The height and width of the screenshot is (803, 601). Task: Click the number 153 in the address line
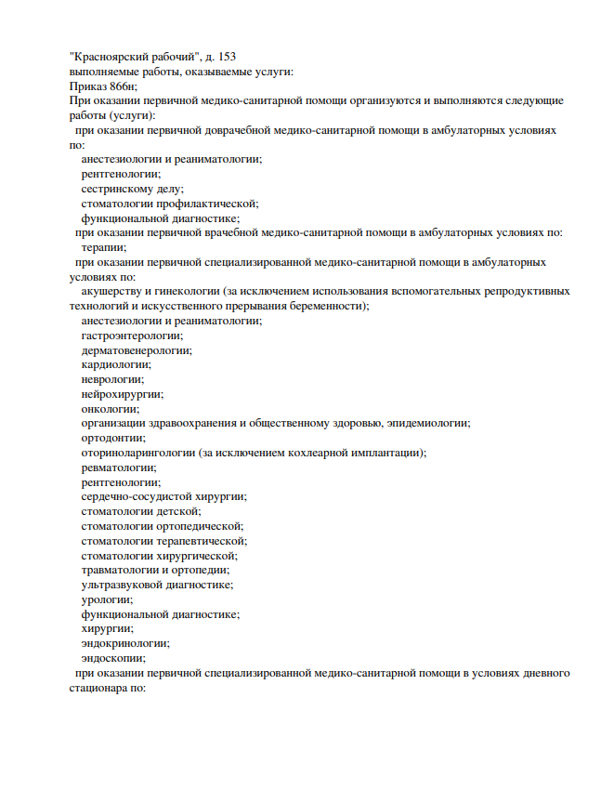[x=236, y=56]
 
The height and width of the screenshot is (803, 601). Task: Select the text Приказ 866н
[x=103, y=86]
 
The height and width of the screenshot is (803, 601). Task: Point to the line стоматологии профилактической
[x=169, y=204]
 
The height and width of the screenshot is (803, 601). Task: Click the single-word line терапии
[x=104, y=247]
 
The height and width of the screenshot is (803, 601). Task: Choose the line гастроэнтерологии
[x=132, y=336]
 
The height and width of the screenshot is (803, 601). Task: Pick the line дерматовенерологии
[x=137, y=350]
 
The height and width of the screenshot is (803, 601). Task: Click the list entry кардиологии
[x=116, y=365]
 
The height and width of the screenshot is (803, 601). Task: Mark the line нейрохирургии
[x=122, y=394]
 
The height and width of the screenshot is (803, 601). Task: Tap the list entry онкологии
[x=111, y=409]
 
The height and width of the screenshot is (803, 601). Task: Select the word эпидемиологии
[x=427, y=424]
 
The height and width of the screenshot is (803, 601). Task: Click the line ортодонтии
[x=113, y=439]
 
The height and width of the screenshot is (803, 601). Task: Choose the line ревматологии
[x=119, y=467]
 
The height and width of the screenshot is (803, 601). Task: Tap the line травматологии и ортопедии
[x=155, y=570]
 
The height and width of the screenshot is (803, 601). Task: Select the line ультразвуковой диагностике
[x=157, y=585]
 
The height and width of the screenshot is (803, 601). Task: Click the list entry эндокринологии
[x=125, y=643]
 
